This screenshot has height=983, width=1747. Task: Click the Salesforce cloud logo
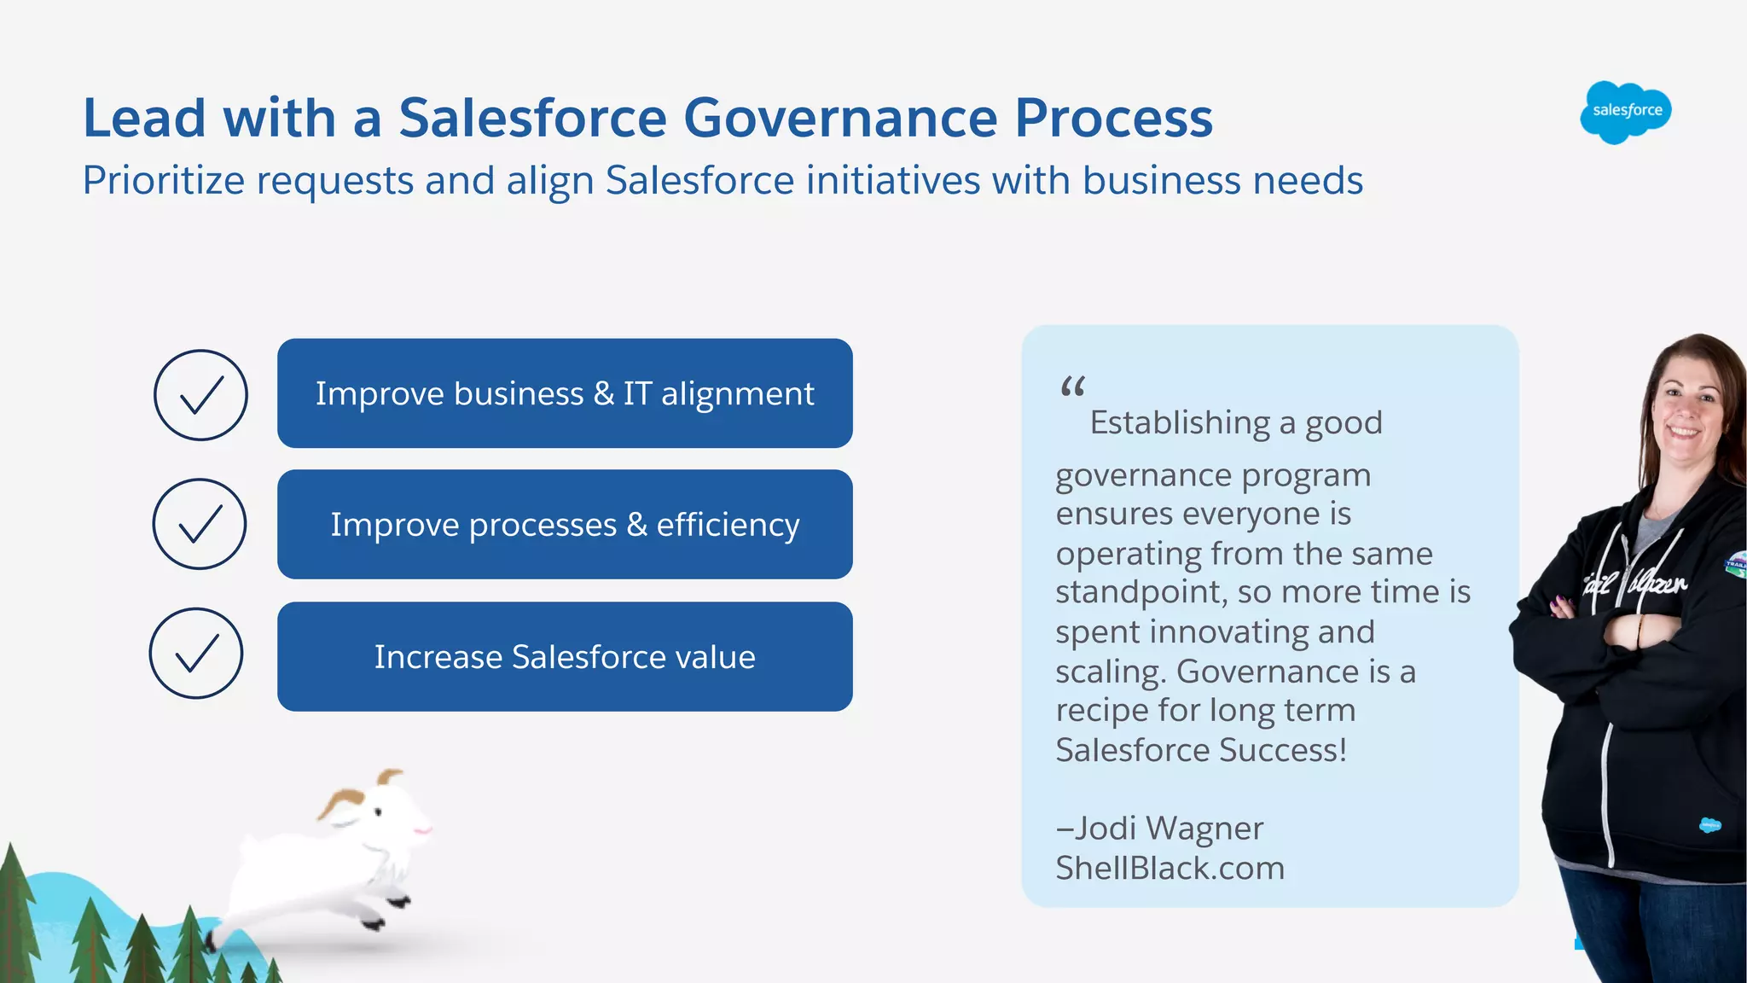[1625, 112]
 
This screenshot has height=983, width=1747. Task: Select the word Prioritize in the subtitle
[163, 181]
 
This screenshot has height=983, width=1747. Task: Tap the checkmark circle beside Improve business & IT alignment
[200, 395]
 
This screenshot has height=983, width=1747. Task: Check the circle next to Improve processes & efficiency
[200, 524]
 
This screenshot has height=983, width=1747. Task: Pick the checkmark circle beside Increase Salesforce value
[196, 654]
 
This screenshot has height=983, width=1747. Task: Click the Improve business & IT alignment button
[565, 393]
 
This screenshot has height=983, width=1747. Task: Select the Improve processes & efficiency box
[565, 525]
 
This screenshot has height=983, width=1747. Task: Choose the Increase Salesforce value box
[565, 657]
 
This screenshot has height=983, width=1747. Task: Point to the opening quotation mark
[1072, 388]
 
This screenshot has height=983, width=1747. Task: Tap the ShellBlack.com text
[1170, 868]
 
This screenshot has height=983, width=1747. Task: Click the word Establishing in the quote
[1179, 422]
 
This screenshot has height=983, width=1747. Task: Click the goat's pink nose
[422, 829]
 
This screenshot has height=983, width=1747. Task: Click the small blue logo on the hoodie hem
[1709, 825]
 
